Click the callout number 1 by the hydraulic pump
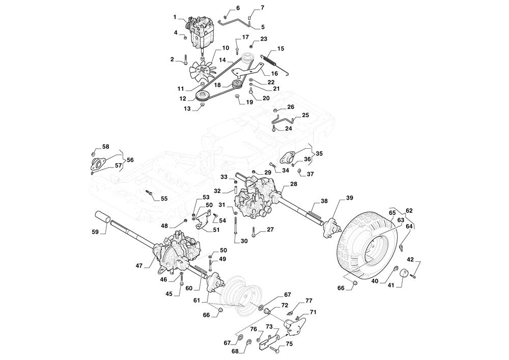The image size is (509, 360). pyautogui.click(x=175, y=17)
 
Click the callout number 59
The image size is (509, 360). pyautogui.click(x=95, y=232)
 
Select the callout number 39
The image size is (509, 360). pyautogui.click(x=349, y=198)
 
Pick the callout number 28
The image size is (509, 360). pyautogui.click(x=294, y=184)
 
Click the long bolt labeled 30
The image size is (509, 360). pyautogui.click(x=236, y=224)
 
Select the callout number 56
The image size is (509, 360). pyautogui.click(x=130, y=160)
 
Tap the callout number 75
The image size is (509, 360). pyautogui.click(x=289, y=344)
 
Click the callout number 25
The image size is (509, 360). pyautogui.click(x=305, y=116)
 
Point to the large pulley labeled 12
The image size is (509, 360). pyautogui.click(x=202, y=95)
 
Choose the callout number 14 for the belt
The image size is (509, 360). pyautogui.click(x=222, y=60)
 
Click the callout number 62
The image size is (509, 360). pyautogui.click(x=409, y=210)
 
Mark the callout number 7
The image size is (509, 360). pyautogui.click(x=263, y=8)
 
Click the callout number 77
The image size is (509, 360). pyautogui.click(x=308, y=301)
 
